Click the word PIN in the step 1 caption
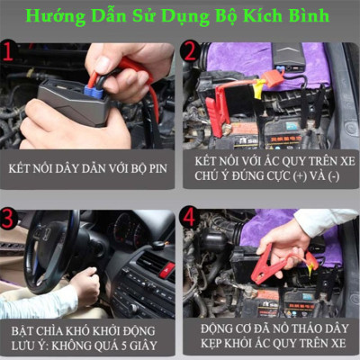pyautogui.click(x=157, y=168)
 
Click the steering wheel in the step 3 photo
pyautogui.click(x=49, y=252)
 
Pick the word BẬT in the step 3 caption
pyautogui.click(x=22, y=329)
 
